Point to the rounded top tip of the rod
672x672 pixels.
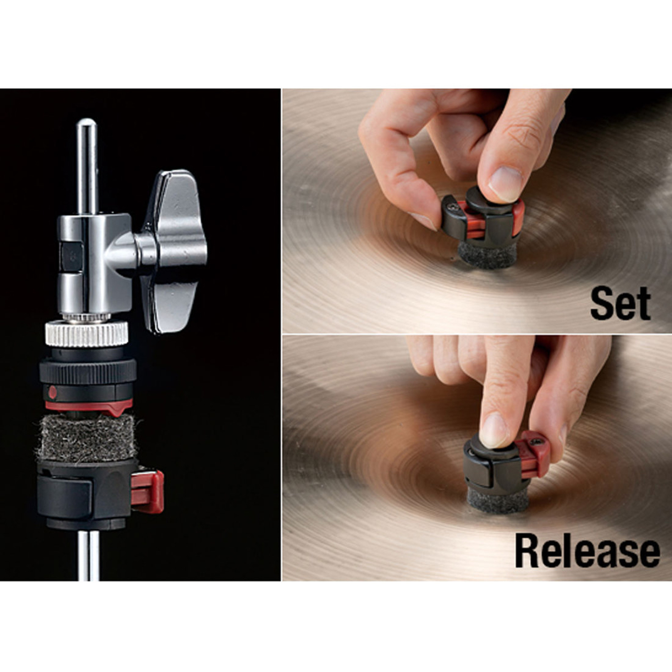(86, 123)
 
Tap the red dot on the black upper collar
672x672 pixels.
(52, 392)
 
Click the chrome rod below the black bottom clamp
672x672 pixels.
(88, 556)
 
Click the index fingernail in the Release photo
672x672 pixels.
(494, 430)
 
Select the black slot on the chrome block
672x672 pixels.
(72, 258)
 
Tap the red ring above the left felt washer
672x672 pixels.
(90, 405)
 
